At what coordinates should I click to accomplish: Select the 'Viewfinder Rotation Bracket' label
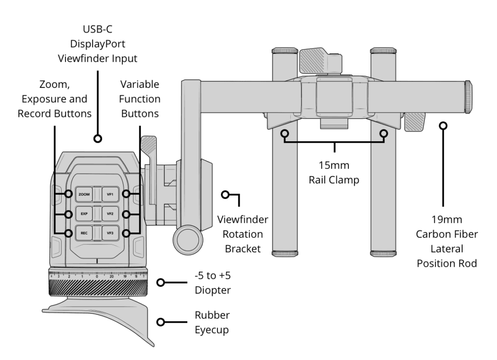click(x=243, y=234)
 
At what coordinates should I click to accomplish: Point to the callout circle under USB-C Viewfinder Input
click(x=98, y=139)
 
